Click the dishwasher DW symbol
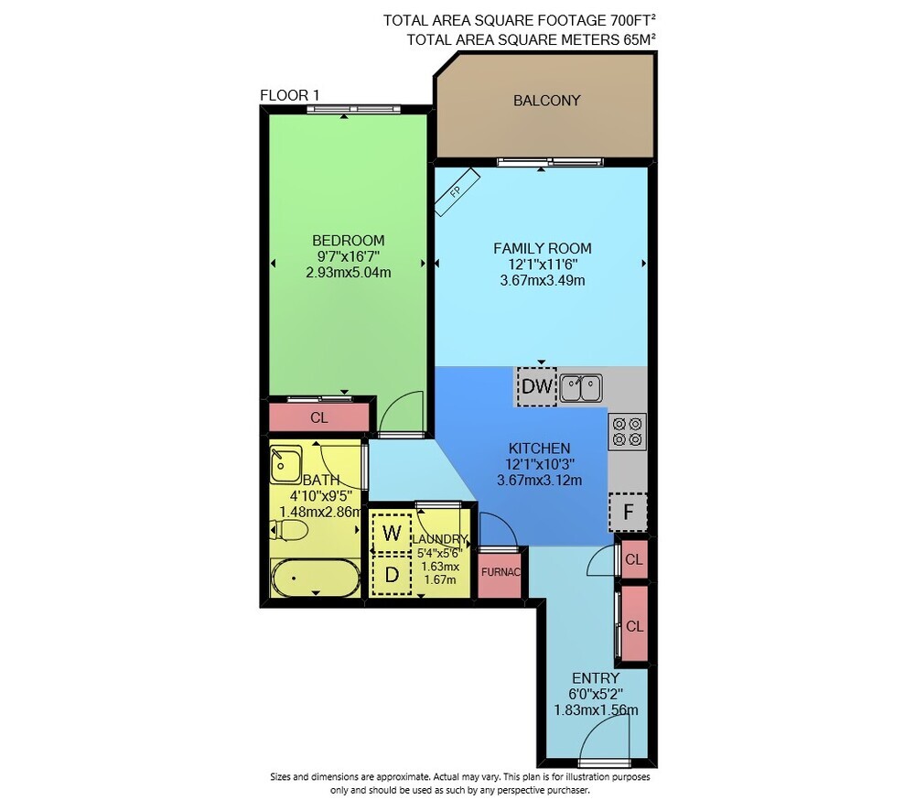pos(537,386)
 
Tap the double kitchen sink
pos(581,389)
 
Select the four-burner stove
pos(628,431)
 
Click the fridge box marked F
pos(628,512)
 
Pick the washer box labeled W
pos(392,533)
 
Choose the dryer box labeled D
pos(392,575)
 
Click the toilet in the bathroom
pos(289,531)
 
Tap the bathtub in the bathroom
pos(315,578)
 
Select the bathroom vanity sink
pos(285,464)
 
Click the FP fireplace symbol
pos(457,191)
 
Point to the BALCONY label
pos(547,101)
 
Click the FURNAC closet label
pos(501,572)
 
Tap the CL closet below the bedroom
pos(319,417)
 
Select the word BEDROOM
pos(349,241)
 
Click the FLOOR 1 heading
pos(289,95)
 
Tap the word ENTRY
pos(596,678)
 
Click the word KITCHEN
pos(539,449)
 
